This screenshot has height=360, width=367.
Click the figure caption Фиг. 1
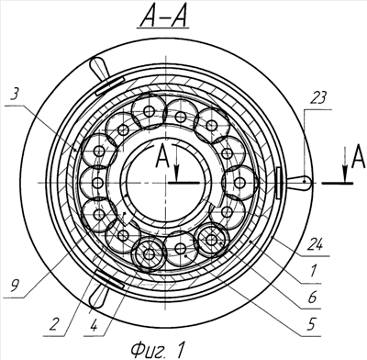[x=158, y=349]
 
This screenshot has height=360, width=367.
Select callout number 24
[x=315, y=244]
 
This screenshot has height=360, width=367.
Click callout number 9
[x=14, y=287]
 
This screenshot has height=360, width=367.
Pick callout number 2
[x=53, y=324]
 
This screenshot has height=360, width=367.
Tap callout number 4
[x=94, y=325]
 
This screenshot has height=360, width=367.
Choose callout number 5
[x=311, y=324]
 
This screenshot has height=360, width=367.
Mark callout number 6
[x=312, y=297]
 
